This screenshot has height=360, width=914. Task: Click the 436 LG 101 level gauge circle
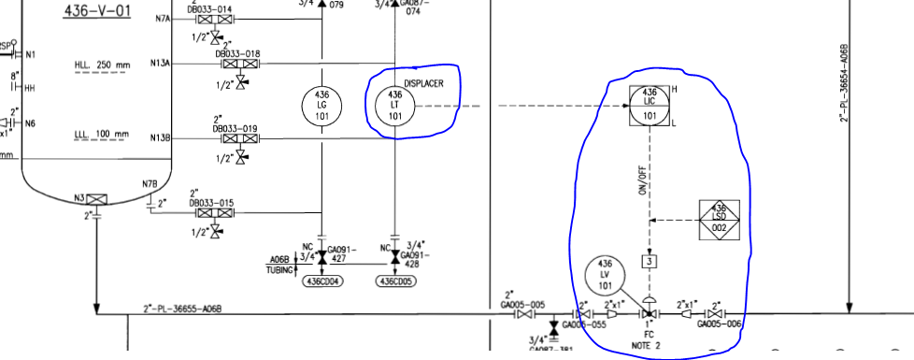pyautogui.click(x=321, y=104)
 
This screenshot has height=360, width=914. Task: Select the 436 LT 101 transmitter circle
pyautogui.click(x=393, y=104)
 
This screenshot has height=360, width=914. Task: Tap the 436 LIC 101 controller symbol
pyautogui.click(x=650, y=104)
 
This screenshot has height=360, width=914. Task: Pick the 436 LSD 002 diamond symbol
pyautogui.click(x=719, y=219)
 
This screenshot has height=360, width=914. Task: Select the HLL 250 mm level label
pyautogui.click(x=103, y=65)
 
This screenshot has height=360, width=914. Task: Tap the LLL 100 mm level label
pyautogui.click(x=102, y=135)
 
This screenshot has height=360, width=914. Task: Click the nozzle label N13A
pyautogui.click(x=161, y=64)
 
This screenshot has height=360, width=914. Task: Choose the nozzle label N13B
pyautogui.click(x=161, y=138)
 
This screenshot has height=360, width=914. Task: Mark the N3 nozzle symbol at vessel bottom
pyautogui.click(x=97, y=198)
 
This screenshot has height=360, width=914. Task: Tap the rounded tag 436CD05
pyautogui.click(x=395, y=281)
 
